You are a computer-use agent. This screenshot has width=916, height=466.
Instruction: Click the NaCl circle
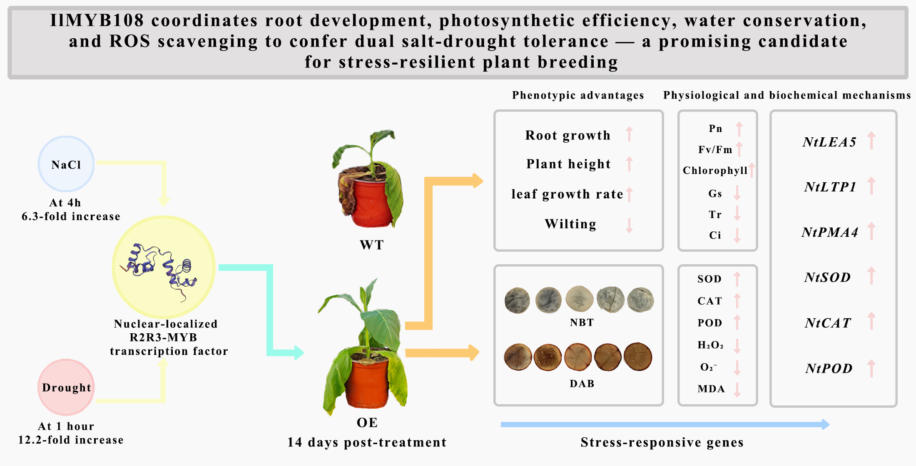coord(66,164)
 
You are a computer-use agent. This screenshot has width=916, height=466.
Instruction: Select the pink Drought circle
coord(66,387)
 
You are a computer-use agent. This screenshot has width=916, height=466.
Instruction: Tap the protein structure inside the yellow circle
coord(160,268)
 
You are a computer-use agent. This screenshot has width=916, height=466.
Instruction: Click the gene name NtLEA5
coord(829,142)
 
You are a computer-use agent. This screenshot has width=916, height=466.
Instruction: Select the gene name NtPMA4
coord(830,232)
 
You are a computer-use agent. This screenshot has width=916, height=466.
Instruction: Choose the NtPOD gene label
coord(829,368)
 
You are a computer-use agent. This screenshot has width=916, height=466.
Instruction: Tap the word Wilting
coord(570,224)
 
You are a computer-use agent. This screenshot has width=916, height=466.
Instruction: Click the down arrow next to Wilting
coord(629,225)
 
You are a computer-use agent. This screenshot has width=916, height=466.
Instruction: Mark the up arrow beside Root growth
coord(629,134)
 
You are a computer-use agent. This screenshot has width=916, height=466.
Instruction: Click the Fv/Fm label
coord(715,150)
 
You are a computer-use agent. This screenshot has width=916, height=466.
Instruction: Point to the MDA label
coord(711,389)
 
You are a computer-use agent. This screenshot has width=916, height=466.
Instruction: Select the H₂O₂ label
coord(710,345)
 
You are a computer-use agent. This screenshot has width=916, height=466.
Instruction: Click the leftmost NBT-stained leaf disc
coord(517,300)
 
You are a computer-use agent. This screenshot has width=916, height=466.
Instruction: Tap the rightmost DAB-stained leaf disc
coord(638,357)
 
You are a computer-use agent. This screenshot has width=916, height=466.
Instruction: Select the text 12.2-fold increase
coord(71,440)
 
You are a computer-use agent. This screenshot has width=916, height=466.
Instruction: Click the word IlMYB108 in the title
coord(97,20)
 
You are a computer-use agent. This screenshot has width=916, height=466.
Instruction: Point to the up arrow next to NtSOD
coord(871,276)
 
